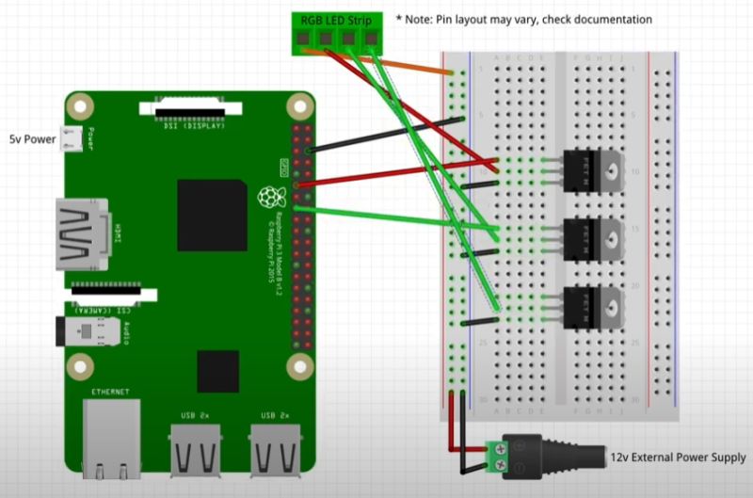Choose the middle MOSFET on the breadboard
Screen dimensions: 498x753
pos(594,236)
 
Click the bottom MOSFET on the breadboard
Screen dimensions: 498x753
pos(594,305)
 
